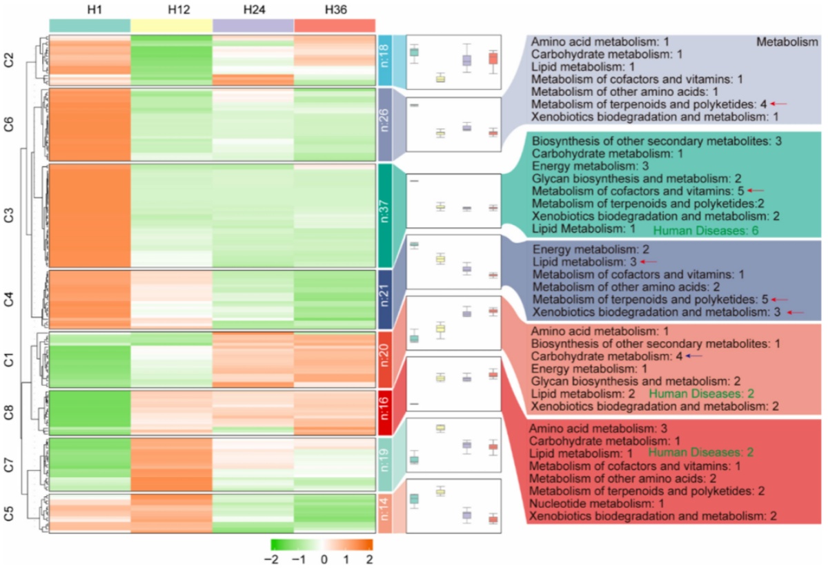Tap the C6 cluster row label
tap(10, 125)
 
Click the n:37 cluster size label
tap(385, 215)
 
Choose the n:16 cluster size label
tap(385, 413)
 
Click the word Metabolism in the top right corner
tap(787, 42)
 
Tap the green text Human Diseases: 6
tap(706, 231)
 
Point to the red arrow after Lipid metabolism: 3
tap(649, 262)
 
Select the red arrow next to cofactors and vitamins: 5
tap(756, 190)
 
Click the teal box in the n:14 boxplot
tap(414, 498)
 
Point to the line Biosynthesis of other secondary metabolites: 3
tap(656, 141)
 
